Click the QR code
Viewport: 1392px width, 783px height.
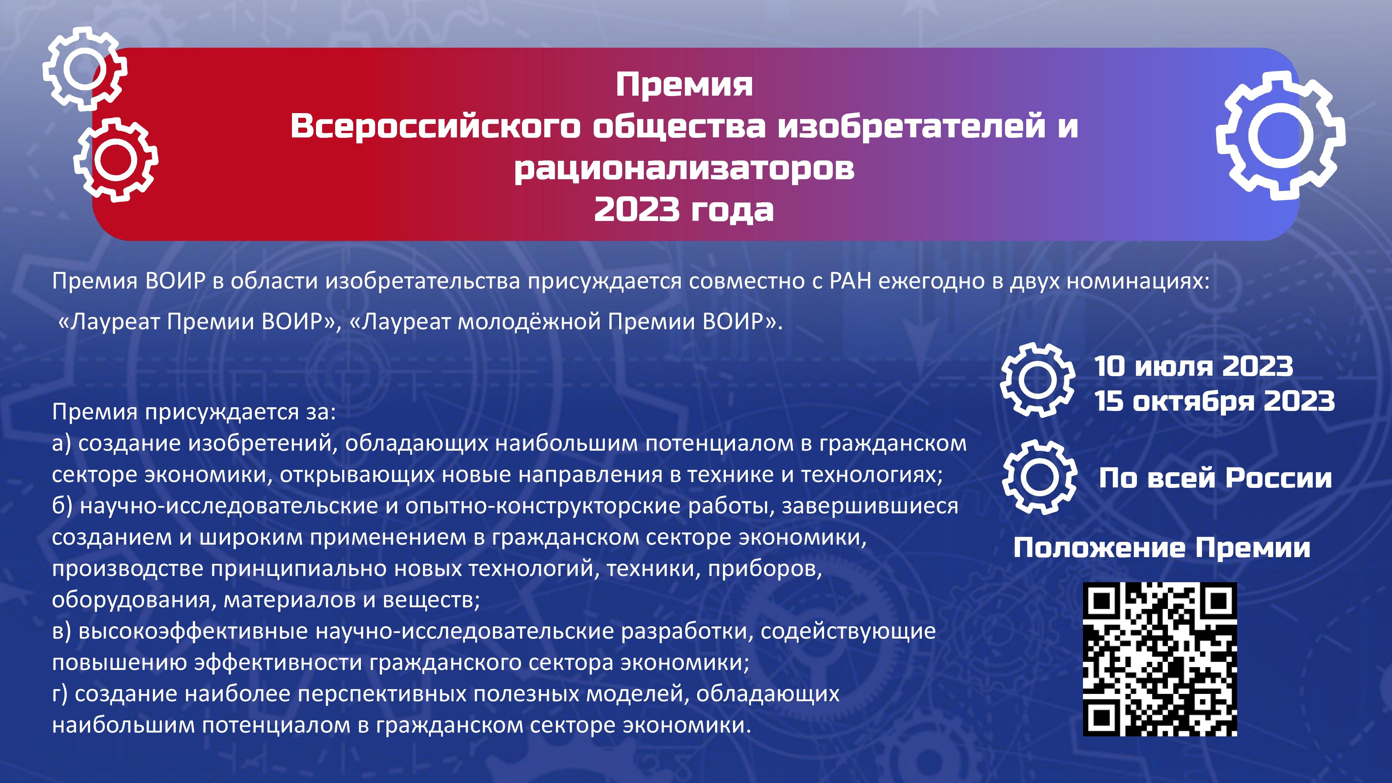tap(1160, 659)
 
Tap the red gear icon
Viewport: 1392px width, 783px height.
tap(116, 160)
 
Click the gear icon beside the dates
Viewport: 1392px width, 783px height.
tap(1037, 380)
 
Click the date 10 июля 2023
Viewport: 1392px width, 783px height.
tap(1194, 366)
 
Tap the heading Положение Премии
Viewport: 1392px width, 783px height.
tap(1162, 548)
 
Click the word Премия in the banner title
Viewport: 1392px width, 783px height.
tap(684, 85)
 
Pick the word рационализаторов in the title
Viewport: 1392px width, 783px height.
tap(684, 168)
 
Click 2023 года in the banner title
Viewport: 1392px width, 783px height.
tap(684, 209)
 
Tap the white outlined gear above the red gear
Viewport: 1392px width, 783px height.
tap(85, 69)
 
